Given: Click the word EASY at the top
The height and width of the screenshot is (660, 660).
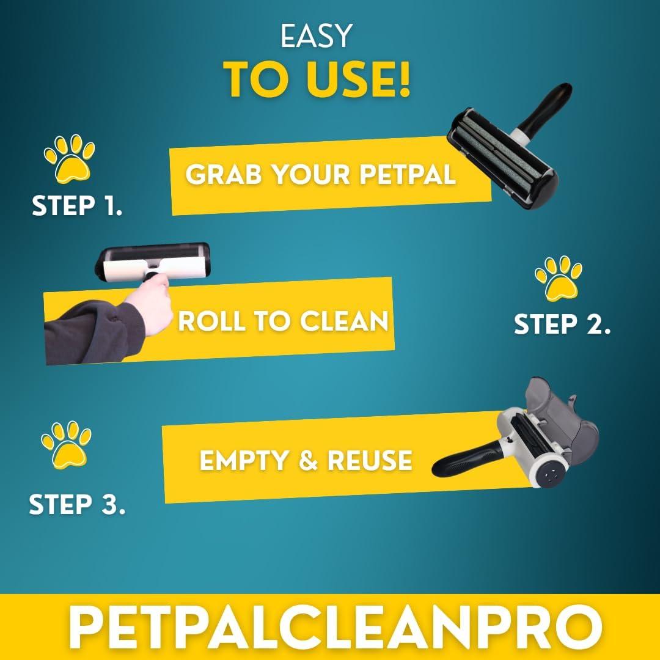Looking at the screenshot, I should [x=316, y=36].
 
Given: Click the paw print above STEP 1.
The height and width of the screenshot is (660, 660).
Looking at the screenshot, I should [x=69, y=158].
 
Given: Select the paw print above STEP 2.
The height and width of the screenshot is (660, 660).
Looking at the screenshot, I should [x=559, y=279].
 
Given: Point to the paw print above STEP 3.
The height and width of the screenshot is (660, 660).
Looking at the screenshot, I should [x=66, y=444].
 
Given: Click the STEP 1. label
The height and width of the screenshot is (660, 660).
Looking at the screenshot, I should [x=77, y=207].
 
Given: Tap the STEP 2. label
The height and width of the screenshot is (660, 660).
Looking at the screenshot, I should [x=562, y=324].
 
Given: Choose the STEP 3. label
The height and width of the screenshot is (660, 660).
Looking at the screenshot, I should [x=77, y=505].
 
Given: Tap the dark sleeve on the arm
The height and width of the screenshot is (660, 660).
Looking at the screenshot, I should [x=86, y=332].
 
